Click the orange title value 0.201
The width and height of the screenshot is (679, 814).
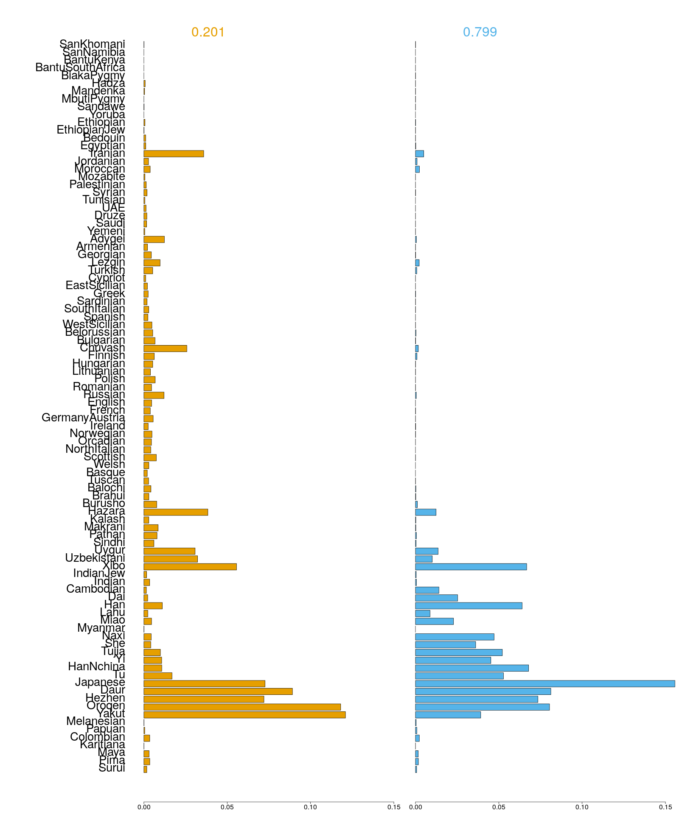(208, 32)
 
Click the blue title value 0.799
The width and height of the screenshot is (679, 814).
(480, 32)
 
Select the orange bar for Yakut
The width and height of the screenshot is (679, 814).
(244, 715)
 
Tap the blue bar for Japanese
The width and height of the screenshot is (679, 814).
(545, 683)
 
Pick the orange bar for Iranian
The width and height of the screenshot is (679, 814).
(174, 153)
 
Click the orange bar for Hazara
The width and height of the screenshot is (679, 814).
(176, 512)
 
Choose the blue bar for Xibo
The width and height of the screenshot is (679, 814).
(471, 567)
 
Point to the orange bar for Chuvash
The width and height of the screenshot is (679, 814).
(165, 348)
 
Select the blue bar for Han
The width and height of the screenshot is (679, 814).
(469, 606)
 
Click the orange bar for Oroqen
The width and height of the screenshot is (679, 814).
(242, 707)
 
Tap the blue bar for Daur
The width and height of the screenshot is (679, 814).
(483, 691)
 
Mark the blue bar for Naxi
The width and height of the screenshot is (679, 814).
(455, 637)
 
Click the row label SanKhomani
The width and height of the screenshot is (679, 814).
(92, 44)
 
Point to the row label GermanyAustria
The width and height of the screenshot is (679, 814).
(83, 418)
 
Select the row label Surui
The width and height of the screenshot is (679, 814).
(112, 768)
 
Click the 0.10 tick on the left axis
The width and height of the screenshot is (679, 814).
(310, 807)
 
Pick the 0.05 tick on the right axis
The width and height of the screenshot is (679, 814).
(499, 807)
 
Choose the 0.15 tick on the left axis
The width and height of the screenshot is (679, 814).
(393, 807)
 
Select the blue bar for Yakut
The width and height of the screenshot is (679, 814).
(448, 715)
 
